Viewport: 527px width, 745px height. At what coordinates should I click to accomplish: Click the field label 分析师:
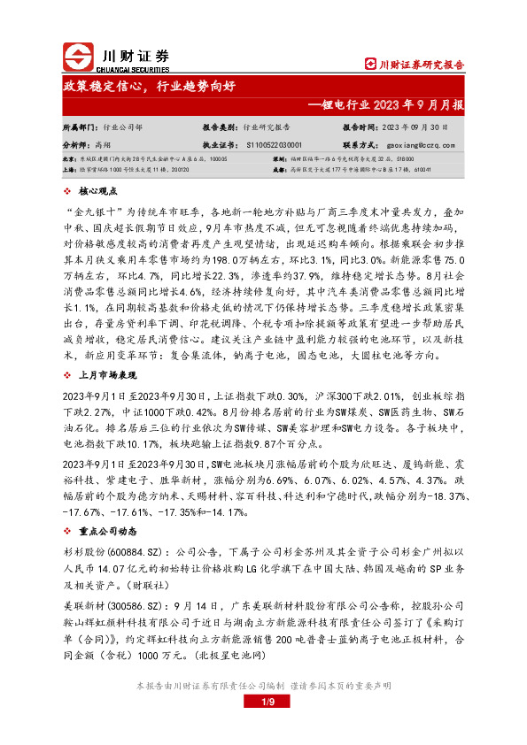coord(75,142)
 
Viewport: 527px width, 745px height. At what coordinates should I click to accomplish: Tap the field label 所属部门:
coord(80,127)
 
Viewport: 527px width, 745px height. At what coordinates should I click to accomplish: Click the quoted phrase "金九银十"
coord(91,212)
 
